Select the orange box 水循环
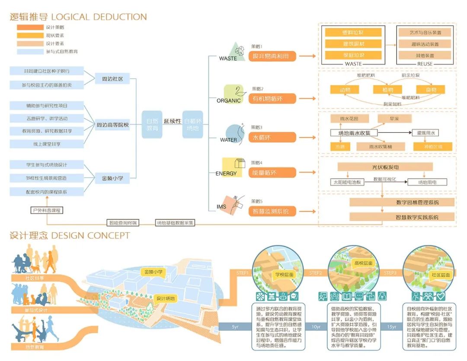click(x=272, y=137)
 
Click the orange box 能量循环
click(x=272, y=173)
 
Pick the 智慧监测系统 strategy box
click(x=272, y=211)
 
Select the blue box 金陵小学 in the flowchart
click(x=112, y=178)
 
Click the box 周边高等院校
click(x=112, y=125)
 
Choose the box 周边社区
click(x=112, y=79)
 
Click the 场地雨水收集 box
click(x=354, y=132)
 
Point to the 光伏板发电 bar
click(x=385, y=167)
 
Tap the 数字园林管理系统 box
click(x=402, y=202)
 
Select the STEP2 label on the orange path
click(x=316, y=273)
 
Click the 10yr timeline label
click(x=316, y=327)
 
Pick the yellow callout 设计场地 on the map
click(x=166, y=298)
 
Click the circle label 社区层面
click(x=440, y=275)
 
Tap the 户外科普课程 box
click(x=47, y=211)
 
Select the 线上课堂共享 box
click(x=47, y=144)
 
